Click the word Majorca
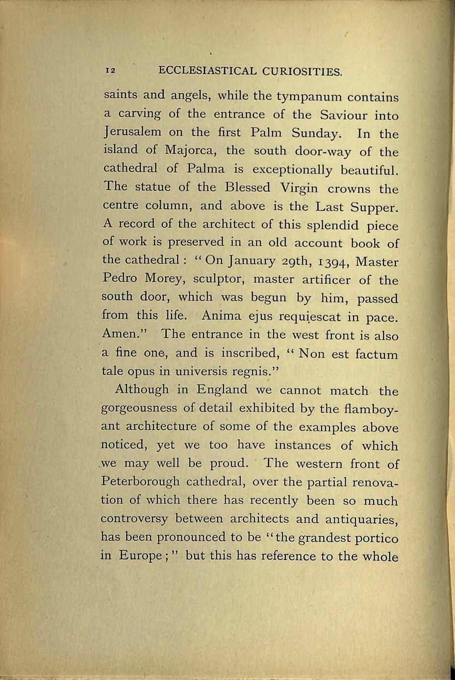point(186,150)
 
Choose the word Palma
point(206,169)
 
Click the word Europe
point(146,556)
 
